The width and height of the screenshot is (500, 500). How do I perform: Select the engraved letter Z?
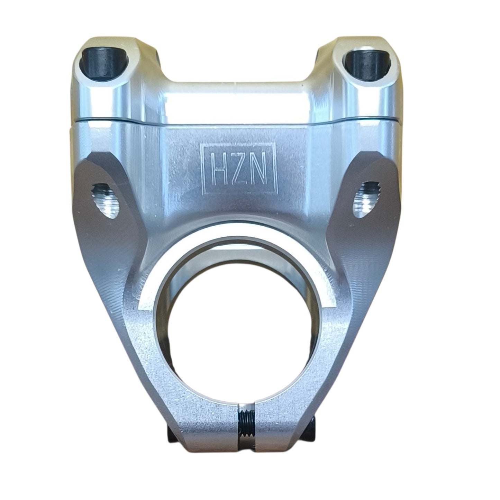240,173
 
